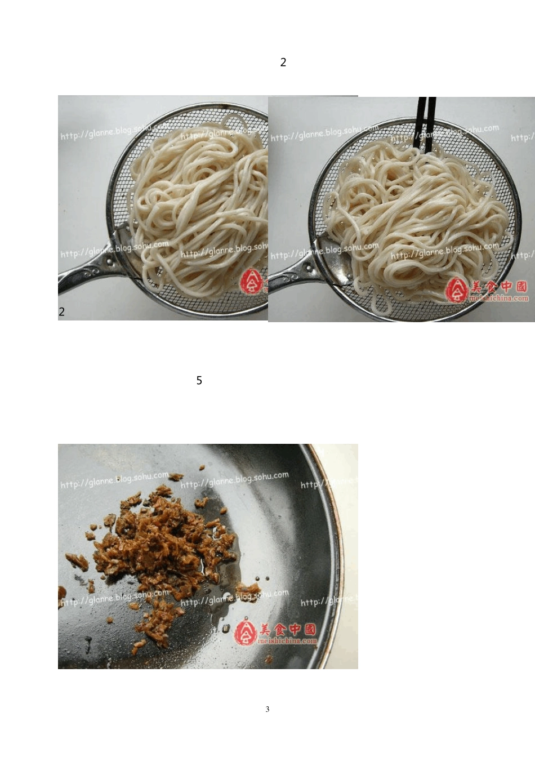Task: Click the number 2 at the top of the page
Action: pyautogui.click(x=283, y=63)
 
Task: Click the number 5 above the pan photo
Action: pyautogui.click(x=199, y=381)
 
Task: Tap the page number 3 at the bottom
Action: pyautogui.click(x=267, y=709)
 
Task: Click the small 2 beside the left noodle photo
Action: pyautogui.click(x=61, y=311)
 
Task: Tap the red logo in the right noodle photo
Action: pyautogui.click(x=457, y=290)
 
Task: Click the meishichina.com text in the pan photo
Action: pyautogui.click(x=287, y=641)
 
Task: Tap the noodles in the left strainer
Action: pyautogui.click(x=197, y=197)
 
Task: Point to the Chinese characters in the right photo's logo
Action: pyautogui.click(x=499, y=287)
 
